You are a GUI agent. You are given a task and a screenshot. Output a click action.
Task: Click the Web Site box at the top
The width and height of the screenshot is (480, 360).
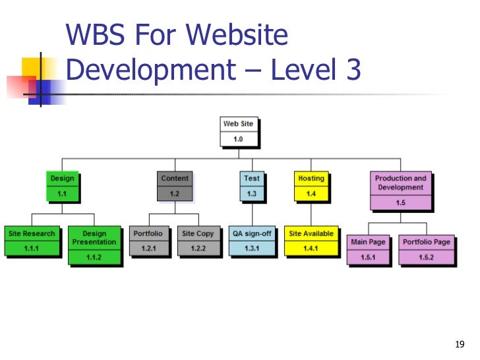point(238,131)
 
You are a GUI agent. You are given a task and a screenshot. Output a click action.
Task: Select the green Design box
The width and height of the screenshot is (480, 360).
point(63,185)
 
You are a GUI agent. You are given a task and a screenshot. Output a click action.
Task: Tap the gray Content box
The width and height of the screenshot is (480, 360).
point(175,185)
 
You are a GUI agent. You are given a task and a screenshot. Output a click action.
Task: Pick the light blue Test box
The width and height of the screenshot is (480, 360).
point(251,185)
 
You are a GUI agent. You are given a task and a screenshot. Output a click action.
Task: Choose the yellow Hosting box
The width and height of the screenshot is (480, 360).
point(311,185)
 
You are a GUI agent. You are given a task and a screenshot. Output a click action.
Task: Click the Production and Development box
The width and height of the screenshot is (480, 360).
point(401,191)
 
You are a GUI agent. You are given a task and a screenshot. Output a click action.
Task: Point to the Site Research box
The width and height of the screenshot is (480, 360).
point(32,241)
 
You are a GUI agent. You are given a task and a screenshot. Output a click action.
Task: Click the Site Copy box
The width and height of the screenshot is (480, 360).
point(198,241)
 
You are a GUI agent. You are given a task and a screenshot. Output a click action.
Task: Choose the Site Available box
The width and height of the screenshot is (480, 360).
point(311,241)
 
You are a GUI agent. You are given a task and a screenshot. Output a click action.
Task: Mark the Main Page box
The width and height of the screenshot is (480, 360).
point(368,250)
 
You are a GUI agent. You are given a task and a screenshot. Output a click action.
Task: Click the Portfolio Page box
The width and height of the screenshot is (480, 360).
point(427,250)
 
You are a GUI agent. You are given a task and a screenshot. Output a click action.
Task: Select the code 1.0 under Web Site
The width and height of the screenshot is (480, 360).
point(238,139)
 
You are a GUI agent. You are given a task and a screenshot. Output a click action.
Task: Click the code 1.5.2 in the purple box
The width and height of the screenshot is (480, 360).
point(427,257)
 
